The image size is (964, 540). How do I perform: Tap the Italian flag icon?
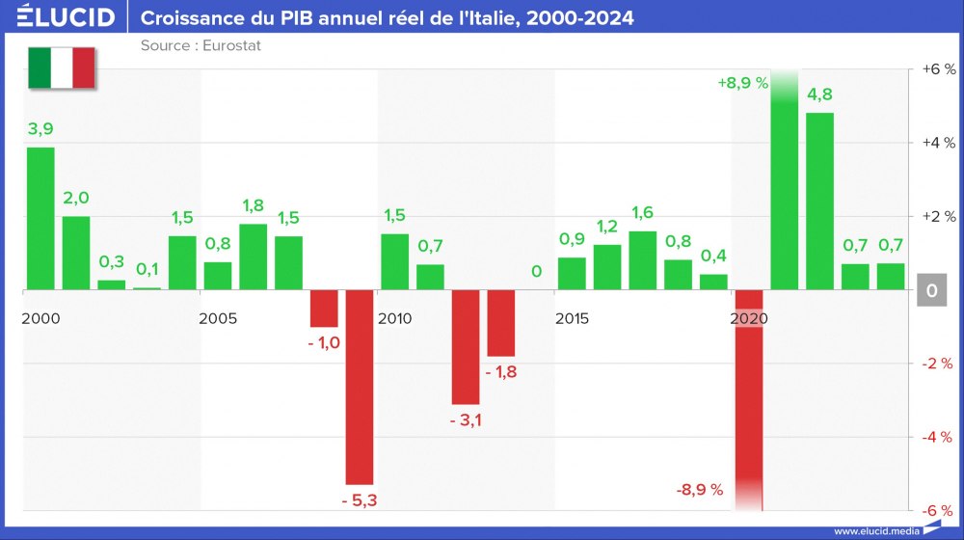click(62, 67)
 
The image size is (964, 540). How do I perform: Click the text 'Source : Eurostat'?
click(201, 45)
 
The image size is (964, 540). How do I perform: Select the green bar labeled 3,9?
click(40, 218)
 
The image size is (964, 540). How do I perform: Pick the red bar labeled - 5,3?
click(360, 387)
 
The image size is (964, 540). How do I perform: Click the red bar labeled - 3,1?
click(466, 346)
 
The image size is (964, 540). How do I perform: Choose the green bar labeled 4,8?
click(819, 201)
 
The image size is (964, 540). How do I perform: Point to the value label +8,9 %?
click(742, 83)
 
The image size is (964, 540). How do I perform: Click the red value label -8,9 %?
click(699, 490)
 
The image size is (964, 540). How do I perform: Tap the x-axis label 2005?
click(219, 318)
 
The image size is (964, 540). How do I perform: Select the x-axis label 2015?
click(574, 318)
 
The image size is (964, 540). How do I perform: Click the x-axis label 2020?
click(750, 318)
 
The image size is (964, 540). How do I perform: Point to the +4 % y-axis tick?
click(937, 143)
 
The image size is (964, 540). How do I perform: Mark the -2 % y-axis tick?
click(937, 364)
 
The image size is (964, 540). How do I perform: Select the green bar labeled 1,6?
click(642, 260)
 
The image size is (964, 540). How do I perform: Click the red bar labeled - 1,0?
click(324, 309)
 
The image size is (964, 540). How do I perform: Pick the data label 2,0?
click(76, 198)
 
